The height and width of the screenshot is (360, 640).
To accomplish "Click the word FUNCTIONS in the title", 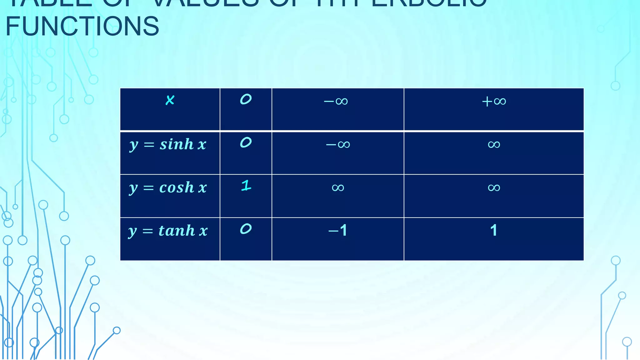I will [82, 26].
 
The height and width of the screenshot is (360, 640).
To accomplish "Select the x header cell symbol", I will [170, 100].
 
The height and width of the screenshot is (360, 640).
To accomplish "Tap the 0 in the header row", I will [246, 99].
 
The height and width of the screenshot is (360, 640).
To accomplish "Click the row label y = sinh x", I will [168, 145].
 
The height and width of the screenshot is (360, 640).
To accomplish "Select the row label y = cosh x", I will [168, 188].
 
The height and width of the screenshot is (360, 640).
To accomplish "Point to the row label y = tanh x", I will [168, 231].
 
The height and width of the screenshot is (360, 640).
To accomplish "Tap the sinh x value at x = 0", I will [246, 142].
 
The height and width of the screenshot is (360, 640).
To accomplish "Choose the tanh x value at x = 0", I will [246, 229].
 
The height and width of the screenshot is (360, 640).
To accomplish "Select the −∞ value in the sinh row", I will [338, 144].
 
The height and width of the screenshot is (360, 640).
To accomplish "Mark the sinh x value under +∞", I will [494, 144].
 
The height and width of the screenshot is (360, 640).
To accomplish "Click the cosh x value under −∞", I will [338, 187].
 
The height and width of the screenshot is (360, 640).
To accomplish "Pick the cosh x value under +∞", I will [494, 187].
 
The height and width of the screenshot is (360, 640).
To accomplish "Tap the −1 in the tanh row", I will [338, 231].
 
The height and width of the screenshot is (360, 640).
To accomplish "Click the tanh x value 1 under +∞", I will [494, 231].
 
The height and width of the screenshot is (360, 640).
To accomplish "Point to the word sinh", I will [177, 144].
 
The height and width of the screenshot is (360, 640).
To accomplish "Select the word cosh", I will [177, 187].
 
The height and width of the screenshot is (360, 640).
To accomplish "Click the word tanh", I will [177, 231].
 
